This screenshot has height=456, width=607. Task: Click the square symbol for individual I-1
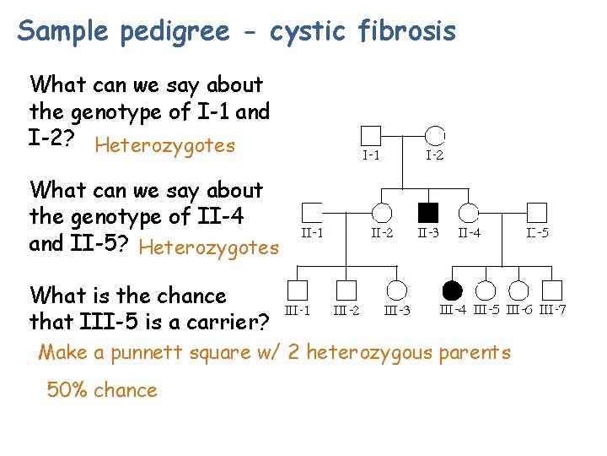[371, 135]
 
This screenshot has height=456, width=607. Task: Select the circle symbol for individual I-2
[435, 135]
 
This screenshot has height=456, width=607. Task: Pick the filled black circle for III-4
[453, 290]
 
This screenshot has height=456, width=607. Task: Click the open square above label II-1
[313, 213]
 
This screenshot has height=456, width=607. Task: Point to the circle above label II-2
[382, 213]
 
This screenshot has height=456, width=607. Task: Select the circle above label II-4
[469, 213]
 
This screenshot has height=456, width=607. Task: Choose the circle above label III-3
[397, 290]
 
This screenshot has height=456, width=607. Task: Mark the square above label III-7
[552, 290]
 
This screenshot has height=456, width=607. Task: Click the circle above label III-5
[486, 290]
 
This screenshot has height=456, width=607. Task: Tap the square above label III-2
[346, 290]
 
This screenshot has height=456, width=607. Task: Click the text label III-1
[297, 311]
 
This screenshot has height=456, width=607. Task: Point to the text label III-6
[519, 310]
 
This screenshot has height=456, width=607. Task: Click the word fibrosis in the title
[408, 31]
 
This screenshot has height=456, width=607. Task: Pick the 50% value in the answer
[68, 390]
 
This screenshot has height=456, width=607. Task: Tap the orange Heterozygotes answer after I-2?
[165, 145]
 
